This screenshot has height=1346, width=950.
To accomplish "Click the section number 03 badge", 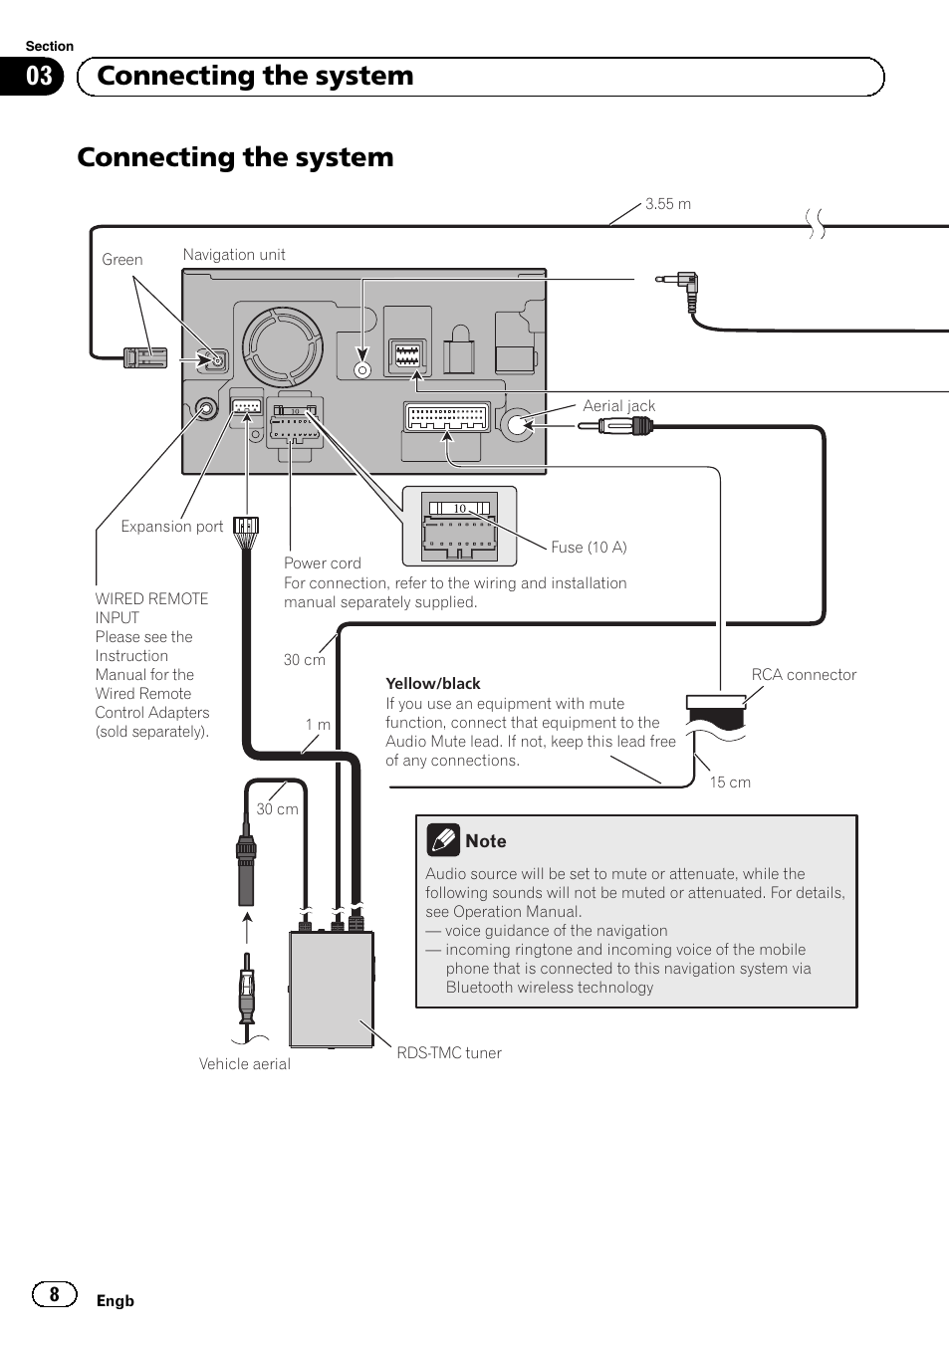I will click(x=39, y=77).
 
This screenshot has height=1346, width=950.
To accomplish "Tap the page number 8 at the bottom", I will click(x=55, y=1293).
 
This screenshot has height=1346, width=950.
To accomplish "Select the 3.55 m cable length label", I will click(x=667, y=204).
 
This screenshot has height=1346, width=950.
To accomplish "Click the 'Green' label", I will click(x=122, y=260).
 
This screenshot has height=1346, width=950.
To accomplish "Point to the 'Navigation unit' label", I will click(x=234, y=255).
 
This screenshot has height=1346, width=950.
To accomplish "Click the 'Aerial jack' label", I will click(x=618, y=406).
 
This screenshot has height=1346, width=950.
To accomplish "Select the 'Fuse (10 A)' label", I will click(x=589, y=548).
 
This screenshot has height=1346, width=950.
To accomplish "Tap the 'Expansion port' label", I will click(x=171, y=527).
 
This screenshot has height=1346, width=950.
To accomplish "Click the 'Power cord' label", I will click(x=322, y=563).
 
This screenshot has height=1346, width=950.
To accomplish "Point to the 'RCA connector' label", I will click(x=804, y=675).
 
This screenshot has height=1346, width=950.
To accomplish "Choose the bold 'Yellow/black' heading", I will click(x=432, y=684).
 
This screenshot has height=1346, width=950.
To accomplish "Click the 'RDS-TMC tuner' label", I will click(x=449, y=1053).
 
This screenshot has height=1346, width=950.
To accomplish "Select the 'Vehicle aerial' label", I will click(x=244, y=1064).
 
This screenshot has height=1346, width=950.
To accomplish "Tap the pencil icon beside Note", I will click(x=443, y=840).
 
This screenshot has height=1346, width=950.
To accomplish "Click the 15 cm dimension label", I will click(x=730, y=783).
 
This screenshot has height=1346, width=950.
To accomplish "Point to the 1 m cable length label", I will click(x=318, y=725).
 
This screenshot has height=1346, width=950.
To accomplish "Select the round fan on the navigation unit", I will click(x=283, y=344).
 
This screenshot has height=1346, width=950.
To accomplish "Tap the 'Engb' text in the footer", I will click(x=115, y=1301).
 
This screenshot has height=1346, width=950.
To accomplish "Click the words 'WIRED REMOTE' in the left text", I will click(x=151, y=599).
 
